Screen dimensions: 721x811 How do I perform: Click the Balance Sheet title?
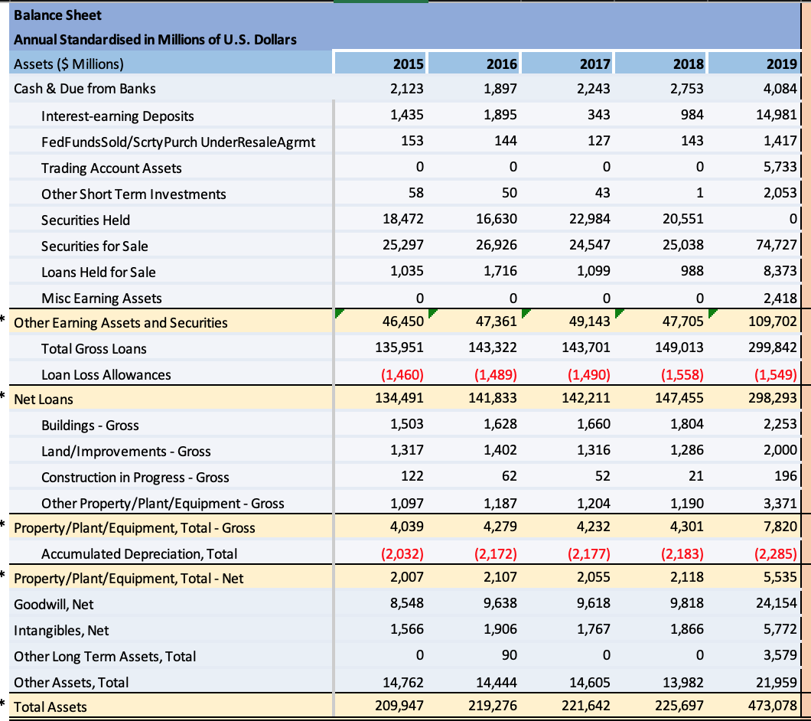click(57, 15)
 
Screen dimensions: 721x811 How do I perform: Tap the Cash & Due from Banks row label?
click(85, 89)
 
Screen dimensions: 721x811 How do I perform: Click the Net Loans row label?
click(44, 400)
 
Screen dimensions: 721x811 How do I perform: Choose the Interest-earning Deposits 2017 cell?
click(599, 116)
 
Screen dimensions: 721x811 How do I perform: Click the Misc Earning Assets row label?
click(101, 298)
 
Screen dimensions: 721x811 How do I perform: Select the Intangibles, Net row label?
click(61, 631)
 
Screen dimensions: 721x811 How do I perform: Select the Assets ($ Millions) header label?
click(69, 64)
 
